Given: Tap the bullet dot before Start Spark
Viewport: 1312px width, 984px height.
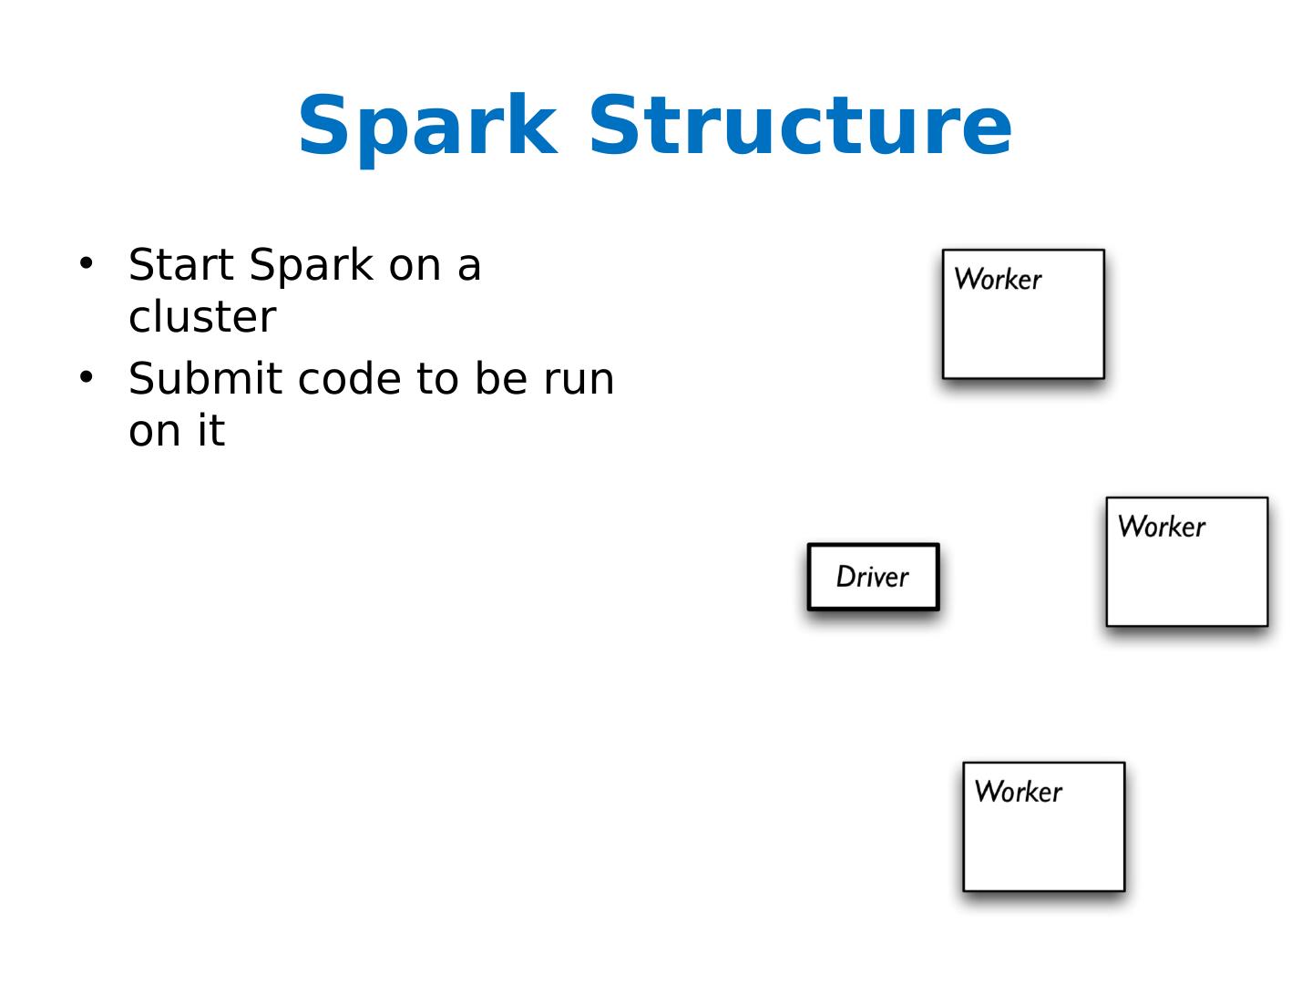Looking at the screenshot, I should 87,263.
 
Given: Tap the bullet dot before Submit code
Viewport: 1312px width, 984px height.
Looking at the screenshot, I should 87,377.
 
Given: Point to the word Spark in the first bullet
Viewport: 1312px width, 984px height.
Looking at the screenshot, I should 311,265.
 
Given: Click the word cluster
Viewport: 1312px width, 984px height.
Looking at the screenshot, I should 201,317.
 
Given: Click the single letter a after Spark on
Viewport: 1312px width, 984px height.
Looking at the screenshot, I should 468,266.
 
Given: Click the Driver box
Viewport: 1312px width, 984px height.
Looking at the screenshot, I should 873,577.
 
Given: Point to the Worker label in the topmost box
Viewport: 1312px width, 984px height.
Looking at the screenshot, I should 997,279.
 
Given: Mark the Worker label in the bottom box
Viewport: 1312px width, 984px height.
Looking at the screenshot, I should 1018,791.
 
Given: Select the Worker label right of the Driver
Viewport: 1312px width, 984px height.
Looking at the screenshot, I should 1161,527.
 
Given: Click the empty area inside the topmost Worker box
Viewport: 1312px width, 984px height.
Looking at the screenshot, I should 1023,336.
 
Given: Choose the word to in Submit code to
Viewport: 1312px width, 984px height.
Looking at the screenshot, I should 436,379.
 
